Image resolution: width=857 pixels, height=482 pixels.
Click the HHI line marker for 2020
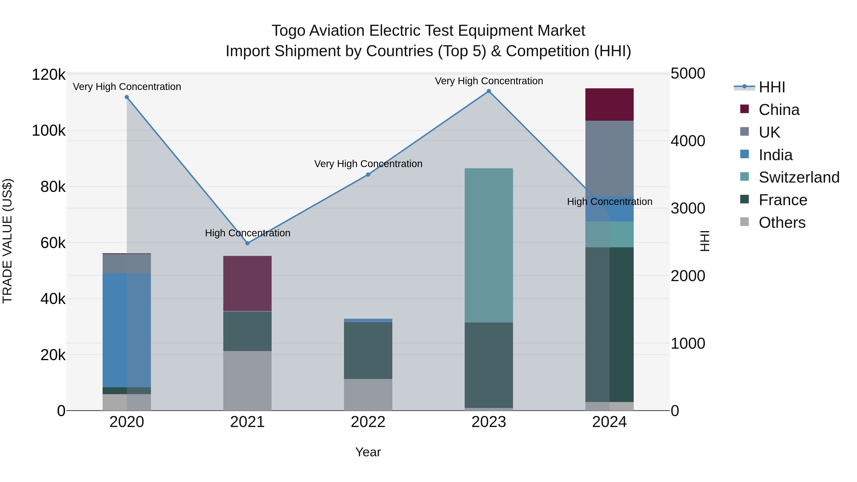pos(127,97)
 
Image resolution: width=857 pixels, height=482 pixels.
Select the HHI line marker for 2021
pos(248,243)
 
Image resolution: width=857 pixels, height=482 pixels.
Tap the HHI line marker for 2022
pos(368,175)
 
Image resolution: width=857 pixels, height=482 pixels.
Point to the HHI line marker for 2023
pos(489,91)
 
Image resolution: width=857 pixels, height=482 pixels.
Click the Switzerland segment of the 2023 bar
pos(489,245)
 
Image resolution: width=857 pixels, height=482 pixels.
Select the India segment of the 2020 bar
pos(127,330)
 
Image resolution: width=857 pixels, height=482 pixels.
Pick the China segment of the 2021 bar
pos(248,283)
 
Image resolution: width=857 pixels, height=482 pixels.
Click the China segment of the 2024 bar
pos(609,104)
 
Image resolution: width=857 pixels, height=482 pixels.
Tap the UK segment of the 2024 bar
pos(609,159)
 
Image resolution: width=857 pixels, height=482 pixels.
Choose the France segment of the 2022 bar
pos(368,351)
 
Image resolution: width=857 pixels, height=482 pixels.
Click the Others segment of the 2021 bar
pos(248,381)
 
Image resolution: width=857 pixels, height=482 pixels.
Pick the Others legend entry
pos(782,223)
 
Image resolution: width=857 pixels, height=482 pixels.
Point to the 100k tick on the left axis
pos(49,131)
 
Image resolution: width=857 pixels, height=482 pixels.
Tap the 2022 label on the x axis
pos(368,422)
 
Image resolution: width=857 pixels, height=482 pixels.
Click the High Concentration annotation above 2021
pos(248,233)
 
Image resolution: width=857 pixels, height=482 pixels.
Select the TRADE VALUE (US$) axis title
pos(7,241)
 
